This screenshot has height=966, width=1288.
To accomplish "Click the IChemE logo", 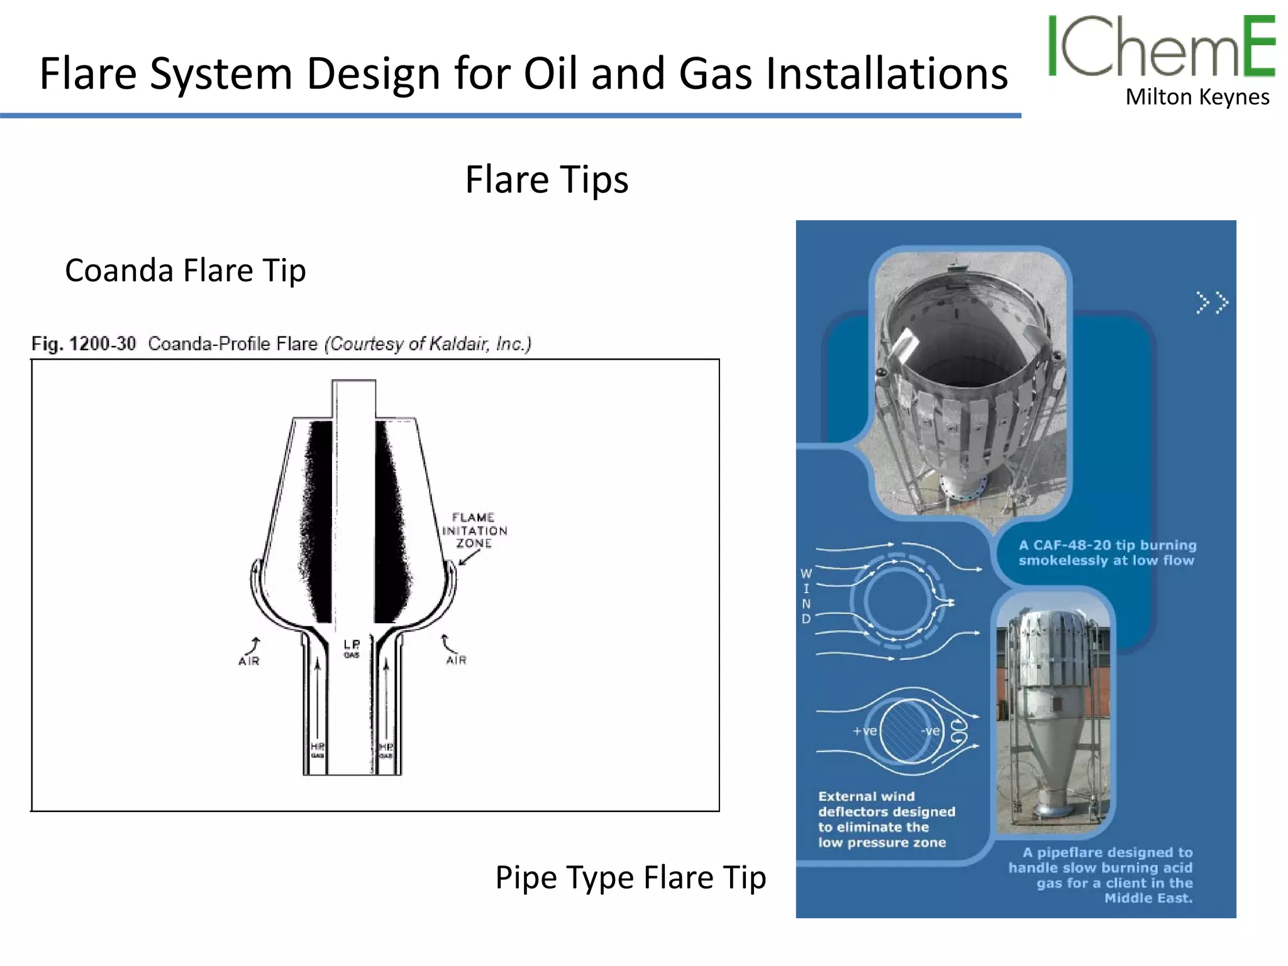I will (1161, 47).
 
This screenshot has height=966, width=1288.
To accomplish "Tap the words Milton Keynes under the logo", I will (1197, 97).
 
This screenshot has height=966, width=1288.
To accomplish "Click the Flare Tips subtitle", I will (547, 180).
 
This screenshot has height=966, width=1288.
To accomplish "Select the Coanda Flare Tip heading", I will (186, 270).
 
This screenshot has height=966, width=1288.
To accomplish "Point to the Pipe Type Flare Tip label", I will (630, 877).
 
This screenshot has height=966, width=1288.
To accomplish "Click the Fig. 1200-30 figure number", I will (84, 344).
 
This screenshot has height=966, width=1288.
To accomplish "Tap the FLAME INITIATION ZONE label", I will (474, 530).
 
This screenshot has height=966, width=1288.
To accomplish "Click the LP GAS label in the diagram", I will (352, 648).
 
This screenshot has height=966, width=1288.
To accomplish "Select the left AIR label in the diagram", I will (249, 660).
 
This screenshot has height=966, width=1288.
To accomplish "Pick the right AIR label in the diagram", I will (457, 660).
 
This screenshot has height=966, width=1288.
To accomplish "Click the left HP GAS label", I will (318, 749).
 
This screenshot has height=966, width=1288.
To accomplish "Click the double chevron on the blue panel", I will (1212, 303).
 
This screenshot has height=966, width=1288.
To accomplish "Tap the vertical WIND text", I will (806, 596).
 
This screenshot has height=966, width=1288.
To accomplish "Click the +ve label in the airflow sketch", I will (865, 731).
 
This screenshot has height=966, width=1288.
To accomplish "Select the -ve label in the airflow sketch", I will (930, 731).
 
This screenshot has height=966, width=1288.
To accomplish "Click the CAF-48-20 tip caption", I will (1106, 553).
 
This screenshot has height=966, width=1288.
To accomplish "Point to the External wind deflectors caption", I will (886, 819).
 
